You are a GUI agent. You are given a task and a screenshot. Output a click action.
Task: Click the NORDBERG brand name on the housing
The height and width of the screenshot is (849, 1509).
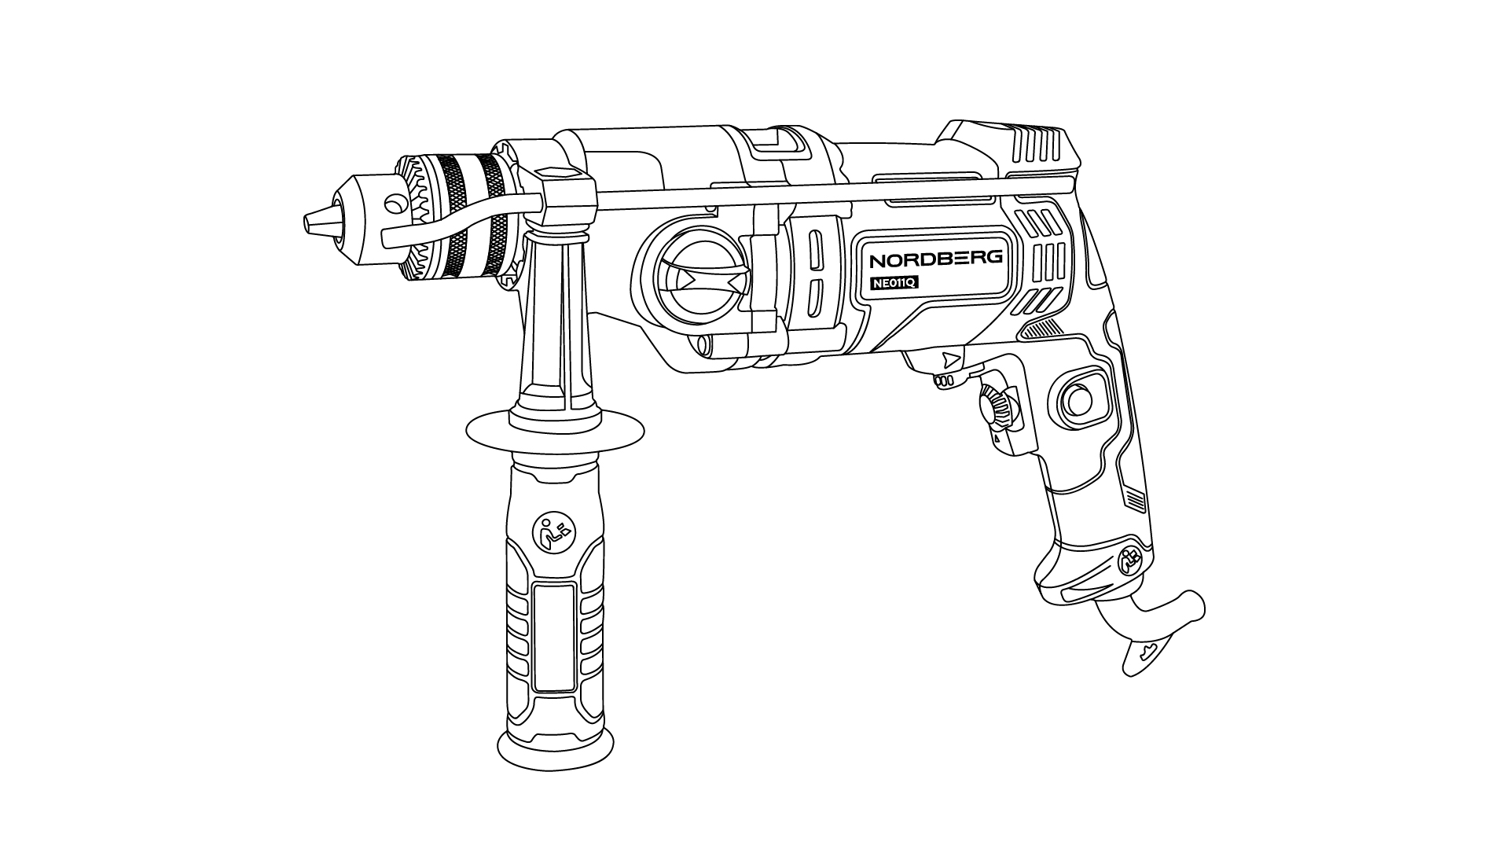pos(935,259)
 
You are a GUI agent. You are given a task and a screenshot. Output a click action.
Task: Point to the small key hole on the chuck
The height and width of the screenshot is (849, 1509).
pos(391,205)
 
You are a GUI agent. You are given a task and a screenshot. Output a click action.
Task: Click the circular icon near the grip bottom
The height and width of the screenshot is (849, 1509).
pos(1130,561)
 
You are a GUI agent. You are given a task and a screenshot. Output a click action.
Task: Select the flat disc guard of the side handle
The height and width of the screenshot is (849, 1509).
pos(555,430)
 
